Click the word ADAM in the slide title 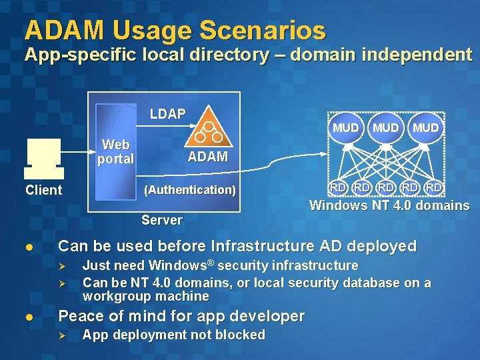coord(65,30)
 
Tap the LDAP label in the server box coord(167,114)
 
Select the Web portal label coord(115,151)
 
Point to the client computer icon coord(43,154)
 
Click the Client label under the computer coord(43,190)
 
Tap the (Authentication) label coord(190,190)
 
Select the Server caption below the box coord(162,220)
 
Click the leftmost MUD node coord(346,127)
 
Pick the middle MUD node coord(386,127)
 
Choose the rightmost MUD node coord(426,127)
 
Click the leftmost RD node coord(338,187)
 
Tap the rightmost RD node coord(434,187)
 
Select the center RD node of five coord(386,187)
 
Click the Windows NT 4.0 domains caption coord(389,205)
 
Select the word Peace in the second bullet coord(80,316)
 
